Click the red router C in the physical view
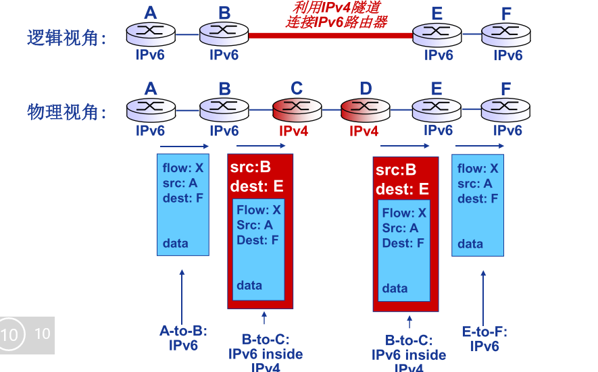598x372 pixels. pos(297,110)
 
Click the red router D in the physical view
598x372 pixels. pos(366,110)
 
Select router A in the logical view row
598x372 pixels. pos(151,34)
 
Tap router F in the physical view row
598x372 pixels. pos(505,110)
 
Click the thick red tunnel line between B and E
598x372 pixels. pos(330,36)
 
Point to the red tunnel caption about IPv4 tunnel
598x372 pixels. pos(337,14)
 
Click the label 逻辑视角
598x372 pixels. pos(66,38)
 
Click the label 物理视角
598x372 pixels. pos(66,112)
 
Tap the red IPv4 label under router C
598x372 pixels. pos(293,131)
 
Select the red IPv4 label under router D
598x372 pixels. pos(364,131)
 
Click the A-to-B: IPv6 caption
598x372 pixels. pos(183,338)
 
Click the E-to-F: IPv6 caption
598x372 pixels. pos(484,339)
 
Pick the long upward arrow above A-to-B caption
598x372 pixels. pos(182,296)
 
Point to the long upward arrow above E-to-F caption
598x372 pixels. pos(483,298)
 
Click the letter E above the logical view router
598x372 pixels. pos(437,14)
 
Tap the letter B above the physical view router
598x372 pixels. pos(224,89)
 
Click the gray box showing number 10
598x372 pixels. pos(27,335)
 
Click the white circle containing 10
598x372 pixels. pos(10,335)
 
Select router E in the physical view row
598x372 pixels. pos(437,110)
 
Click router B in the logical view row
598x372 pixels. pos(224,34)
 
